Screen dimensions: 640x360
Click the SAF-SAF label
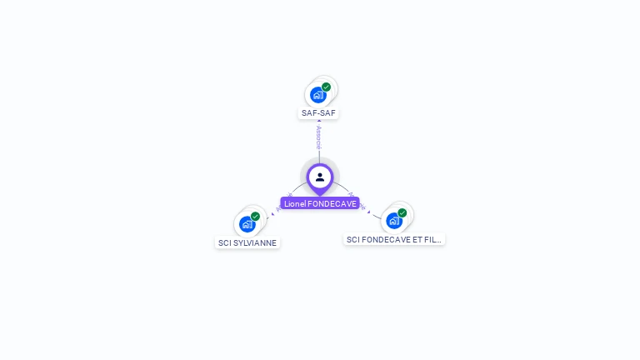319,112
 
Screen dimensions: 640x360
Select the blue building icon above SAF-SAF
317,95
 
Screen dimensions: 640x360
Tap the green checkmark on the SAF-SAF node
327,87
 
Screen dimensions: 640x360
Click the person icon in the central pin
320,177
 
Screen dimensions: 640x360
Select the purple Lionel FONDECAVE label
320,203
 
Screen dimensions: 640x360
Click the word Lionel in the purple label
294,203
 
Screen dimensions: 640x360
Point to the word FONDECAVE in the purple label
332,203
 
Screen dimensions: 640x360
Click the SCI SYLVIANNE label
247,242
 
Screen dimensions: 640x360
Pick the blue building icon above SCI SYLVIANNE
247,224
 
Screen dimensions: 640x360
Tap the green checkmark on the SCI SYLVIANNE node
256,216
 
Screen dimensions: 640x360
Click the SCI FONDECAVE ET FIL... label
394,239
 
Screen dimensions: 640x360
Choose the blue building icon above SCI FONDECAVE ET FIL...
393,221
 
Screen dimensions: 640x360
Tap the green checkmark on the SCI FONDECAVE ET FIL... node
402,212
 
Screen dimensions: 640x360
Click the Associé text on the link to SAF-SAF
319,137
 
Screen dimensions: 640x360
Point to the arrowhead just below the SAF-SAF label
319,121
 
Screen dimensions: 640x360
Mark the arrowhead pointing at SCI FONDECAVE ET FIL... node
369,212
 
